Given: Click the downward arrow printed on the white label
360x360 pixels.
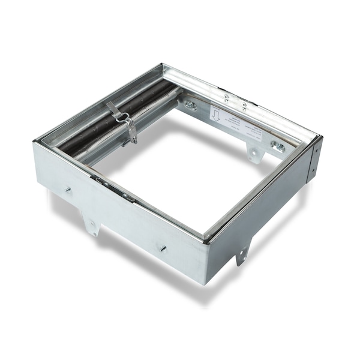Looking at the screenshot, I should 215,114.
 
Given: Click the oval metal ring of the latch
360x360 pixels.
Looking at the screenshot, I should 125,118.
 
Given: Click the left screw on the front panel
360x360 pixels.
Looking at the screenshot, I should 68,190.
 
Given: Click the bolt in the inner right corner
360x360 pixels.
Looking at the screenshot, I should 277,146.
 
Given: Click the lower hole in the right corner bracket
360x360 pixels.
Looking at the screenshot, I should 311,175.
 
